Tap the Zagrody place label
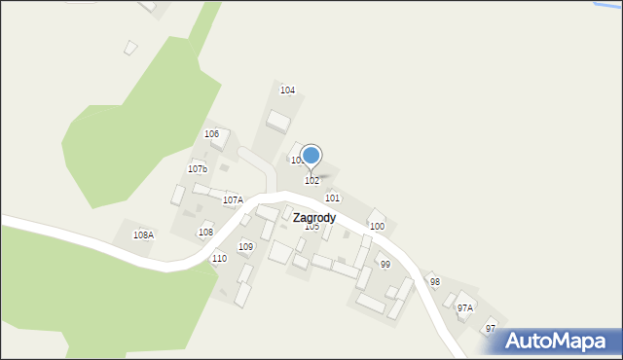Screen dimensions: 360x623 (314, 218)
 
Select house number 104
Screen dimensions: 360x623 (287, 90)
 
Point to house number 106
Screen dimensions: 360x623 (211, 133)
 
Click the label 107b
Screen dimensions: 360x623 (198, 168)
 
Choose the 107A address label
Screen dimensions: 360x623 (233, 199)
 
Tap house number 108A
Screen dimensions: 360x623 (143, 234)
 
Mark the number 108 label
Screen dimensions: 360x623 (205, 232)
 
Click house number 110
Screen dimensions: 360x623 (219, 258)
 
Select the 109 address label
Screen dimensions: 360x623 (246, 246)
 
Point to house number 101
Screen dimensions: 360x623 (332, 198)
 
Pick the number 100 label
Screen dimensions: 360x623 (377, 226)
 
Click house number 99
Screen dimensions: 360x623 (385, 264)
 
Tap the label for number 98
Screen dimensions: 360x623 (435, 281)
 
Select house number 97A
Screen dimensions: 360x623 (464, 307)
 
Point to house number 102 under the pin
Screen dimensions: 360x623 (311, 180)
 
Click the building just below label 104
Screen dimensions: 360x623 (278, 122)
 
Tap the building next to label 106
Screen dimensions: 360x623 (222, 140)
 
